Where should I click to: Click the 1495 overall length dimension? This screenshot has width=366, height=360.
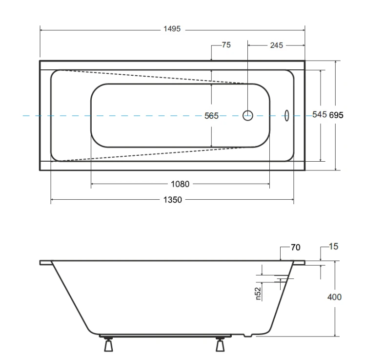172,29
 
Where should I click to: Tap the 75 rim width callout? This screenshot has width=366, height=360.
226,44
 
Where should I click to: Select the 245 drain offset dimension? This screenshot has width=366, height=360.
277,45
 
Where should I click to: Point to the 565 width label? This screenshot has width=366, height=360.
211,116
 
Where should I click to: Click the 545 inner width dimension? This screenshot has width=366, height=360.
320,114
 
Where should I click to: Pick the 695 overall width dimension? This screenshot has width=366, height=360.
336,115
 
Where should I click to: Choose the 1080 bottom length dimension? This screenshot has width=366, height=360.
180,184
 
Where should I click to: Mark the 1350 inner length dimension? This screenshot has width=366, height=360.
172,200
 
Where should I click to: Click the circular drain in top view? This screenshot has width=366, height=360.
247,115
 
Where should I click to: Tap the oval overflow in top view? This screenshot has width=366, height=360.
286,115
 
